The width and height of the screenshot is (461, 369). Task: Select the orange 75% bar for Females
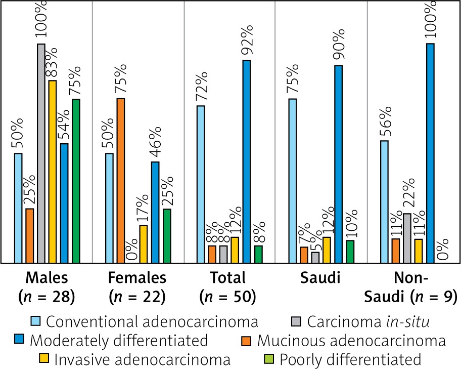121,181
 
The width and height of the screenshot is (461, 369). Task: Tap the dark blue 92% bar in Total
246,161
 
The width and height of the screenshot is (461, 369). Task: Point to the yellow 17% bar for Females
144,244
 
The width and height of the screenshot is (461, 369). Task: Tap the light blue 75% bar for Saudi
292,181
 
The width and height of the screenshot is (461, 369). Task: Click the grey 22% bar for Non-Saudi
407,238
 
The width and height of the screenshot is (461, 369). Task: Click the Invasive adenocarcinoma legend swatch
44,359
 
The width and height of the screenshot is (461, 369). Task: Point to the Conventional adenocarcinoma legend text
152,321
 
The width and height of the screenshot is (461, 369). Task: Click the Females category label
137,278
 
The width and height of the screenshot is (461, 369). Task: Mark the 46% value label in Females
156,143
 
